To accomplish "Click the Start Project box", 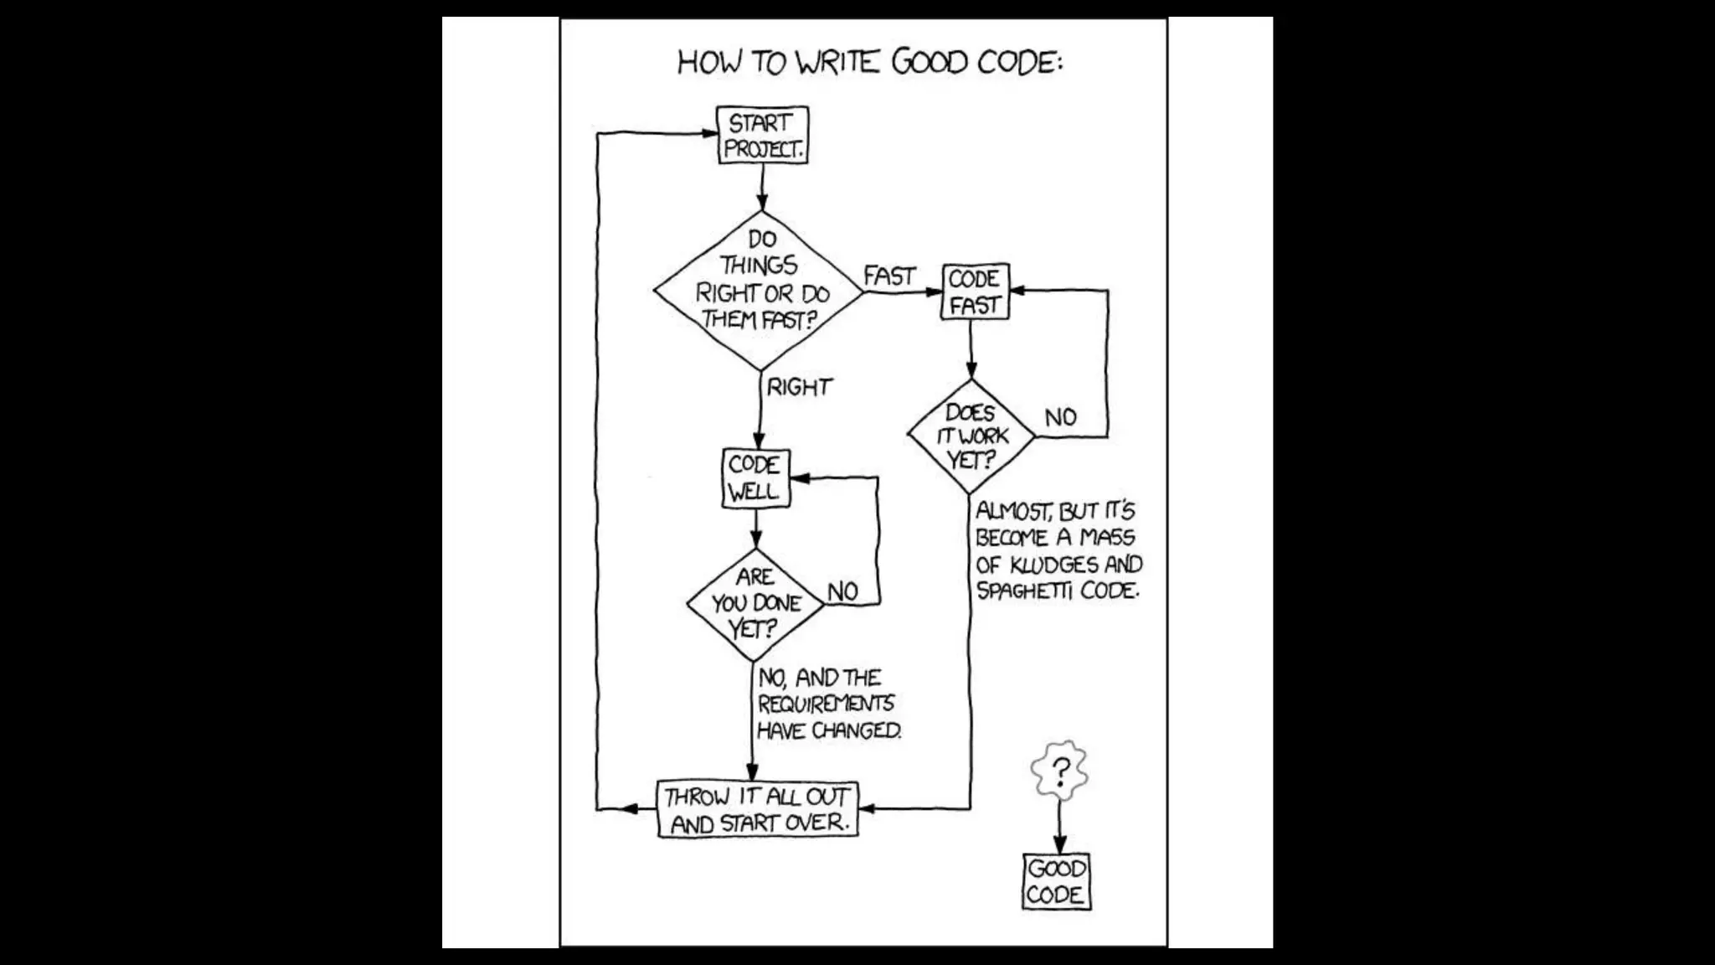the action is pos(763,135).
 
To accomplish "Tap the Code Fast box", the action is pos(975,292).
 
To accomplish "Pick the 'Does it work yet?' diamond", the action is pos(971,436).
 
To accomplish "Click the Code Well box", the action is pos(755,478).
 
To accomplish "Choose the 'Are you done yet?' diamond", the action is pos(755,603).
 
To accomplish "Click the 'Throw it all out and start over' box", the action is pos(758,809).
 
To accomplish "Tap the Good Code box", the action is pos(1057,881).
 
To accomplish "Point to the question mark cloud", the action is pos(1060,769).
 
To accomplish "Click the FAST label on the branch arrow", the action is pos(889,276).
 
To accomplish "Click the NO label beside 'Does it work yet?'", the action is pos(1060,417).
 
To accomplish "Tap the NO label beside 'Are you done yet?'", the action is pos(842,592).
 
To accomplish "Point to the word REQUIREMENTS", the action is pos(826,704).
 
